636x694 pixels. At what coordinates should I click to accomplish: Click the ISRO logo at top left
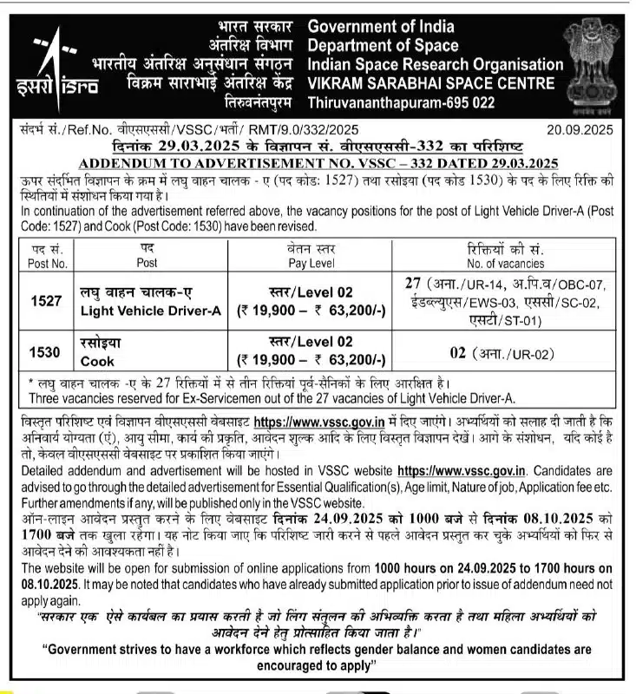click(x=60, y=66)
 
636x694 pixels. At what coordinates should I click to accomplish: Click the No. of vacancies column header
click(x=503, y=262)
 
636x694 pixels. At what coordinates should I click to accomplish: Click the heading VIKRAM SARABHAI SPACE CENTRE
click(x=430, y=83)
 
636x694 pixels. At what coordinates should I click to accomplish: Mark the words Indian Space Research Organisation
click(x=436, y=64)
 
